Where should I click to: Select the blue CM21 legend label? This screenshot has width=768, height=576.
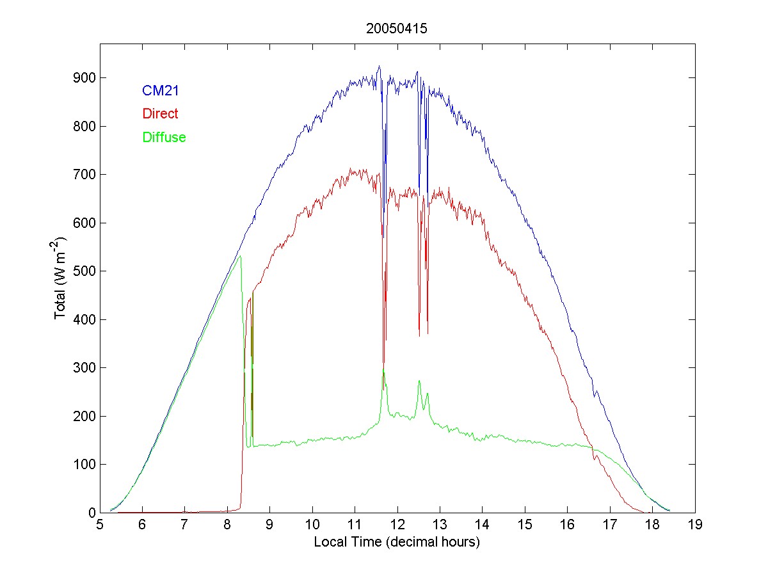point(160,91)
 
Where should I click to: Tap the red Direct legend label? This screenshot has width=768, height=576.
point(160,114)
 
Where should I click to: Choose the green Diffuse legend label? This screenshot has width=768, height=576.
point(164,137)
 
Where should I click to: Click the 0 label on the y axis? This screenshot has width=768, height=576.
point(92,513)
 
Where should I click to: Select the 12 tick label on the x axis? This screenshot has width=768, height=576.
point(397,525)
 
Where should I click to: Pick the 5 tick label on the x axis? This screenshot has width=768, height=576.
point(100,525)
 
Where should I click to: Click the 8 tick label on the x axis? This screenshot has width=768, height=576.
point(227,525)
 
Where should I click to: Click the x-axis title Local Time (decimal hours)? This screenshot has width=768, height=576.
point(397,542)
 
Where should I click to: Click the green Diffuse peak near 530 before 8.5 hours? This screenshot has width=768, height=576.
point(240,256)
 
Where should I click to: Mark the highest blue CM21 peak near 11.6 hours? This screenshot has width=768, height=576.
point(379,66)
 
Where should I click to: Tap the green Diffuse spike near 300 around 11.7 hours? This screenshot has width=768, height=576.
point(383,370)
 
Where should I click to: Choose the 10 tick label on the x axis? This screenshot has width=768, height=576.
point(312,525)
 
